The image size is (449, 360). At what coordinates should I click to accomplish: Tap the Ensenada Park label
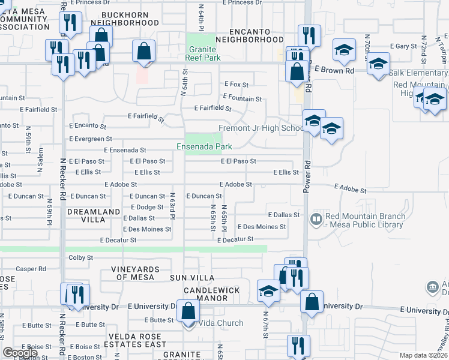click(204, 146)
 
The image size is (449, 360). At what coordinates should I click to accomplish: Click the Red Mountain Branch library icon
click(316, 220)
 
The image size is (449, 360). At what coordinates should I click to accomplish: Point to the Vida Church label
click(221, 323)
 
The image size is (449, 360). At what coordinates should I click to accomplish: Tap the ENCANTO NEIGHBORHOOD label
click(249, 35)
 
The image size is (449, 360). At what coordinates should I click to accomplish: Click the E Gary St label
click(403, 46)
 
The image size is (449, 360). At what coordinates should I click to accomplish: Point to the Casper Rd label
click(31, 269)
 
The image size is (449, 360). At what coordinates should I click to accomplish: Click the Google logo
click(20, 353)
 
